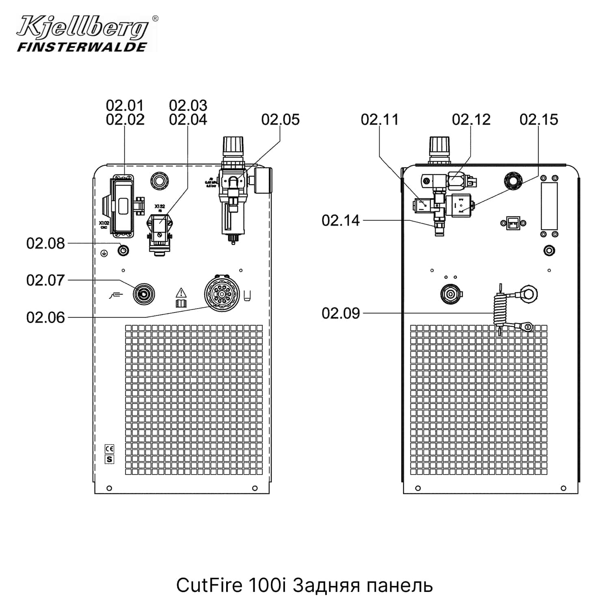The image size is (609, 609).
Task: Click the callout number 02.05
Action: (x=280, y=119)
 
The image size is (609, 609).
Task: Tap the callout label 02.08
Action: (x=45, y=244)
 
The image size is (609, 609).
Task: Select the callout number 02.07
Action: (x=45, y=281)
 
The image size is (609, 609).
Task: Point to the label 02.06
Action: (x=45, y=317)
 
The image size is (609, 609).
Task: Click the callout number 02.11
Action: (x=380, y=119)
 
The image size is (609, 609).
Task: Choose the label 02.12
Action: (x=471, y=119)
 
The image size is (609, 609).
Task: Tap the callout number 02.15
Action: (x=539, y=119)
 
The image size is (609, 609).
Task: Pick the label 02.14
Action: (x=341, y=220)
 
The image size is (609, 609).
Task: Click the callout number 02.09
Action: (x=341, y=313)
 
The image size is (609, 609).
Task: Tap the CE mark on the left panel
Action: (x=109, y=449)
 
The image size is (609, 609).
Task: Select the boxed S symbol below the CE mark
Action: (x=109, y=459)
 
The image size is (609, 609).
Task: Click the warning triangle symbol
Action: (x=181, y=292)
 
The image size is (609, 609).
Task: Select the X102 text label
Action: (x=104, y=223)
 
